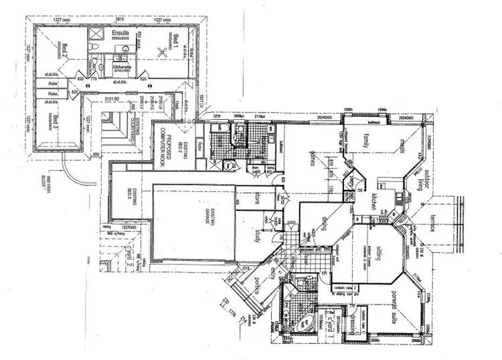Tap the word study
tap(256, 238)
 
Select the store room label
tap(257, 199)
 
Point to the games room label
tap(311, 159)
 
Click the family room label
tap(367, 142)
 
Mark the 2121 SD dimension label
tap(112, 100)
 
